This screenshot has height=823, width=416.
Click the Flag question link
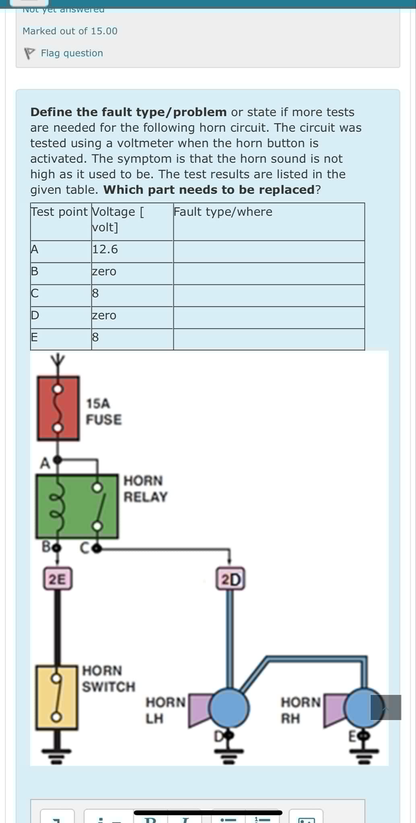[72, 53]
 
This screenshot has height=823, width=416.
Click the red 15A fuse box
[58, 408]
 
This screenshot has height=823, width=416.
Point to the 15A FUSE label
[103, 411]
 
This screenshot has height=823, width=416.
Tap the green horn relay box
[77, 506]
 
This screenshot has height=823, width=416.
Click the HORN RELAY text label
[145, 489]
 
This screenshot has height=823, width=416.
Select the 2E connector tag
[58, 579]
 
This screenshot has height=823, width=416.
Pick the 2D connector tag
[231, 579]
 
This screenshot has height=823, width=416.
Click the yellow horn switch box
[57, 697]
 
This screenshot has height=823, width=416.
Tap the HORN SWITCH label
[108, 678]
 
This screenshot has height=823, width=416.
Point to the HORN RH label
[300, 710]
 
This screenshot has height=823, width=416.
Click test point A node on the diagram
[58, 459]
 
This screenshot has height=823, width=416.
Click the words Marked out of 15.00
[70, 31]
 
